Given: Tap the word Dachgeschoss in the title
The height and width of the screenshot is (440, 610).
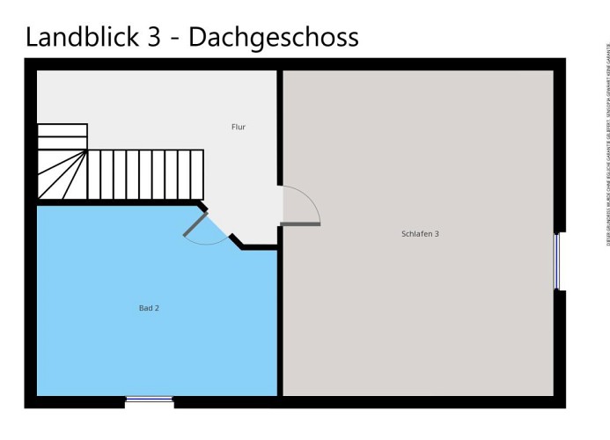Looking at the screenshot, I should (x=274, y=38).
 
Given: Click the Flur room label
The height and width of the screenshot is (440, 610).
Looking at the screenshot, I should (x=238, y=127).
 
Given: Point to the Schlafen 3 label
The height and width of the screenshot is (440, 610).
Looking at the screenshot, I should (x=420, y=233).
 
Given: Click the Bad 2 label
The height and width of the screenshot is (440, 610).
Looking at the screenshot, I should (x=149, y=308).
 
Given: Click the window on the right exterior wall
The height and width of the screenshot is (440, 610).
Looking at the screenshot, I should (x=557, y=260).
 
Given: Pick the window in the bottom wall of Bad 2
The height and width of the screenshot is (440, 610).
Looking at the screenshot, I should (x=149, y=401).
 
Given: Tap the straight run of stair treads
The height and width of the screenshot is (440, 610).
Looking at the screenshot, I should (x=145, y=174).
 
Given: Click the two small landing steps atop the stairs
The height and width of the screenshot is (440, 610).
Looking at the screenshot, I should (x=62, y=136).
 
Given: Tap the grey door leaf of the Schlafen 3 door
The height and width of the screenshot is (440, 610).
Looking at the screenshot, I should (x=301, y=224).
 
